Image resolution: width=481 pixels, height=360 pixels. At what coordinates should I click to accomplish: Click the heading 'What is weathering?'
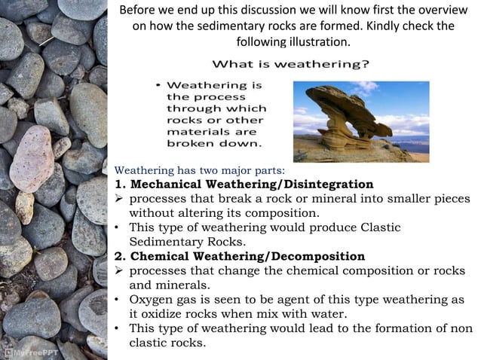(290, 64)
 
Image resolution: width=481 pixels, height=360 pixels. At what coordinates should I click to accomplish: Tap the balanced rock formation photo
(350, 121)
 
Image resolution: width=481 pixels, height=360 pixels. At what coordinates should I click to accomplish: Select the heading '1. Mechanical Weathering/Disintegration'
(244, 185)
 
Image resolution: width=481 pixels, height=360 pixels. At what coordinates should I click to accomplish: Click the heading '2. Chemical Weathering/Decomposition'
(240, 256)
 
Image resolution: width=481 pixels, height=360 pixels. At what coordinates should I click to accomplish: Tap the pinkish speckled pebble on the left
(32, 158)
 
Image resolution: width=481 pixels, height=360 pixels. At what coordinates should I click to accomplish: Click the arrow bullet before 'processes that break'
(119, 199)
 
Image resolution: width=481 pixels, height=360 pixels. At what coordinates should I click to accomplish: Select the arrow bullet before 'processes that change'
(119, 271)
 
